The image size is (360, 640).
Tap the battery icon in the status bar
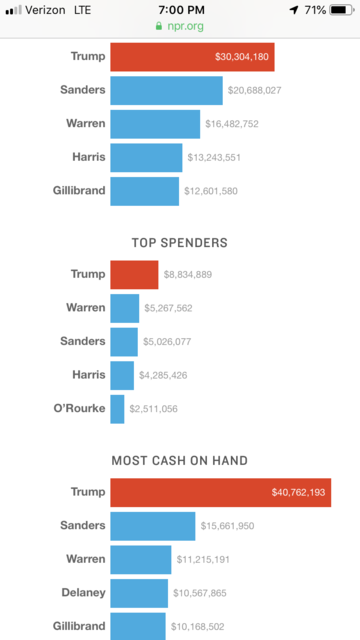(342, 9)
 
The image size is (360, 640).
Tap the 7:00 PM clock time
(180, 9)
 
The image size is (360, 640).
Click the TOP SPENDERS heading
(180, 242)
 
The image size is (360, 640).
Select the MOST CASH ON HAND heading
(180, 460)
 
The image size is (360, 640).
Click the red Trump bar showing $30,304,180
(192, 57)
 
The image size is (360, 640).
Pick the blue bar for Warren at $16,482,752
(155, 124)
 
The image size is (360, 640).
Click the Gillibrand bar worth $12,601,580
(144, 191)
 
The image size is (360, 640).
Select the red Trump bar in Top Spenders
(134, 274)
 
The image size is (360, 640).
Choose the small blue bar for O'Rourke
(117, 408)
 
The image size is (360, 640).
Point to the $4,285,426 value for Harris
(163, 375)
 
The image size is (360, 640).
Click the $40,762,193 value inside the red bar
(299, 493)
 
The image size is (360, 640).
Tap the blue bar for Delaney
(139, 593)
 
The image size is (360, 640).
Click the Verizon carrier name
(46, 9)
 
